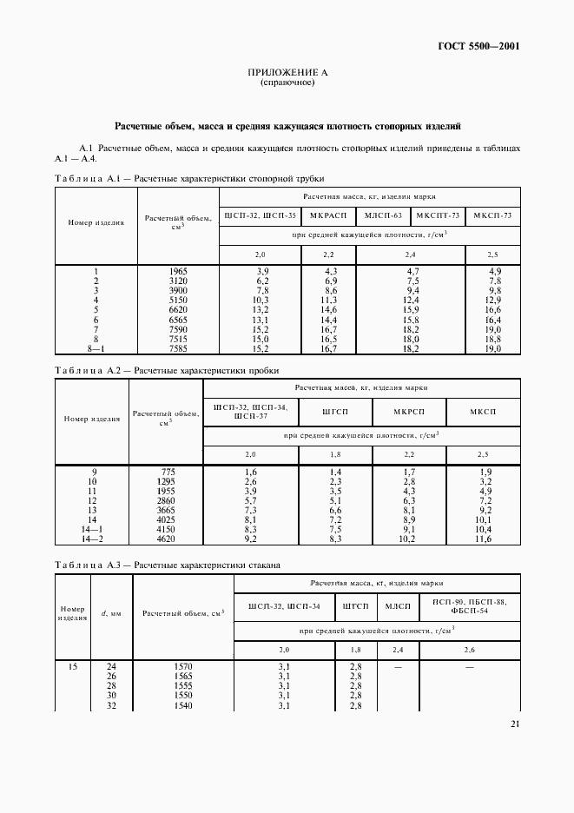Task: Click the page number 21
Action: click(515, 724)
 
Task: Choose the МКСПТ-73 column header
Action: click(438, 215)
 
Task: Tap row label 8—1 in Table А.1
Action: click(96, 348)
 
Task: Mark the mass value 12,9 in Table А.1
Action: click(493, 301)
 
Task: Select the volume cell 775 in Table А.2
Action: click(167, 472)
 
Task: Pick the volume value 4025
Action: click(167, 519)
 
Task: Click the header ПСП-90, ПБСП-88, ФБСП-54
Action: click(470, 606)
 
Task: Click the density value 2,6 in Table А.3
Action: click(470, 649)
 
